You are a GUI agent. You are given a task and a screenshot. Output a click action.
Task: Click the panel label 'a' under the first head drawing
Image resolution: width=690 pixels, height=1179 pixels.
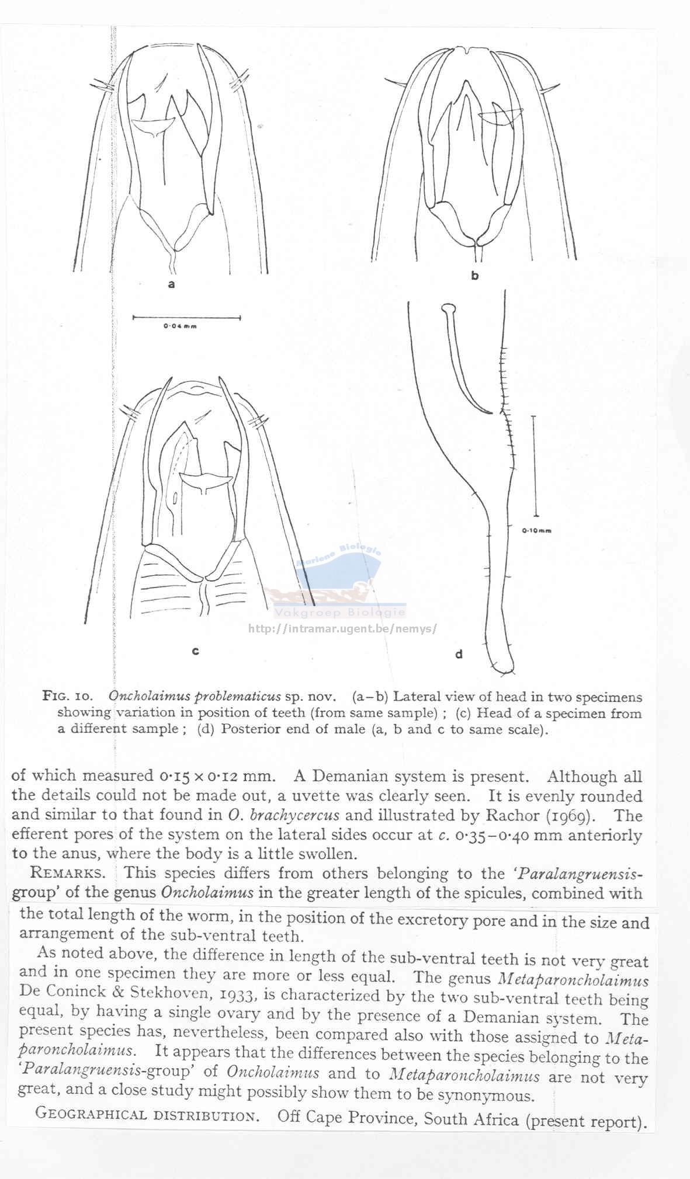(171, 284)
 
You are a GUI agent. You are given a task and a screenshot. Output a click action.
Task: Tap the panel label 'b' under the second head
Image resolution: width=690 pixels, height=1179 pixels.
(474, 276)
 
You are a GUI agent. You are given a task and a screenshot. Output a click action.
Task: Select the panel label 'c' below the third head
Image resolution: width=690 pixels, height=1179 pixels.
(196, 651)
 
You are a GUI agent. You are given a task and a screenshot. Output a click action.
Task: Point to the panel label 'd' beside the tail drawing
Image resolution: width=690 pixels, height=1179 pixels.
(459, 654)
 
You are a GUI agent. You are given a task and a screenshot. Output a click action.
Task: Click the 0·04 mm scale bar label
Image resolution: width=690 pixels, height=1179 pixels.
(180, 326)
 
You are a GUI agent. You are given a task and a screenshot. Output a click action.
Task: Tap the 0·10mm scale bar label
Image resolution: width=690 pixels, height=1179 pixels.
(536, 531)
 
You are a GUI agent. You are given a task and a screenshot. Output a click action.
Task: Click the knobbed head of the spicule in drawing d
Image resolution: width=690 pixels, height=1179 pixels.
(448, 308)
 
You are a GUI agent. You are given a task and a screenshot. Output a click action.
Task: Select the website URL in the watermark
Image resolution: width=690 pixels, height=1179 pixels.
(342, 629)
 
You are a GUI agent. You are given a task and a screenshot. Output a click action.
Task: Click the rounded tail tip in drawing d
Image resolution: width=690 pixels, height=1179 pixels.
(501, 667)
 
